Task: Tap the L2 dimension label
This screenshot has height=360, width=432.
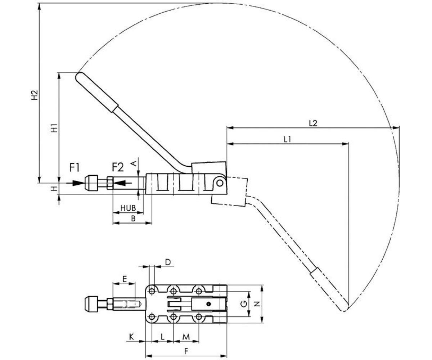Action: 313,123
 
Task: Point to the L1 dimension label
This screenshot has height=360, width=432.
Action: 287,139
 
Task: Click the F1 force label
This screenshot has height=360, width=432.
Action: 75,167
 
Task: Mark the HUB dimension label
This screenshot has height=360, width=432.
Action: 128,208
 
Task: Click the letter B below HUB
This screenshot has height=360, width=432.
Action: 133,218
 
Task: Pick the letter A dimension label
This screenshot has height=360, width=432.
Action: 134,163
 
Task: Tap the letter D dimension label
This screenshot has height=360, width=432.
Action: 168,262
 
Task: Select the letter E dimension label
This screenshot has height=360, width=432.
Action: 124,279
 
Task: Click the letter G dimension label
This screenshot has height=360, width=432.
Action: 244,304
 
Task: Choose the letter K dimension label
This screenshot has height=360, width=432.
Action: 132,337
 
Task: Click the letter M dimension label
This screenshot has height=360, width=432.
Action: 186,337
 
